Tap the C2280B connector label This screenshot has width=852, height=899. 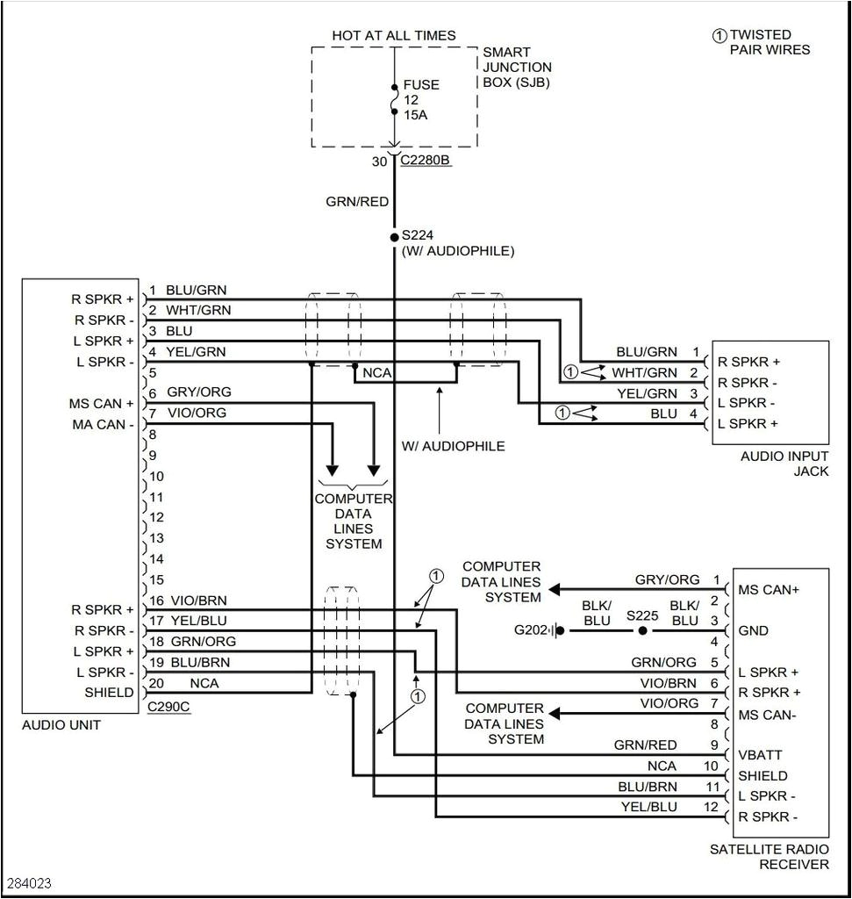coord(426,161)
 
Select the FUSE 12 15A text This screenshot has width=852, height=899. coord(421,100)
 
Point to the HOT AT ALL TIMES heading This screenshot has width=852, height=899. coord(394,35)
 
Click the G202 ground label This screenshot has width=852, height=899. coord(530,630)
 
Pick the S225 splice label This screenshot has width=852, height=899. coord(642,615)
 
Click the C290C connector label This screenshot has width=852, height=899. coord(168,706)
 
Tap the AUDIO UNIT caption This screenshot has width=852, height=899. coord(61,725)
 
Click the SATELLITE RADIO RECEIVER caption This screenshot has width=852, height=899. coord(770,857)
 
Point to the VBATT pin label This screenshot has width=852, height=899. coord(760,755)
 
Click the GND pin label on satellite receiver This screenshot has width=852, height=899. coord(754,630)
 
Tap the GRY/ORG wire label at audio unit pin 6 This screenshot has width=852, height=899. coord(199,392)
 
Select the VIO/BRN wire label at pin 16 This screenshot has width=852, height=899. coord(198,601)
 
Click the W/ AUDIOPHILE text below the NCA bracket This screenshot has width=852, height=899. coord(453,446)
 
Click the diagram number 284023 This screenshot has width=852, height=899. coord(29,881)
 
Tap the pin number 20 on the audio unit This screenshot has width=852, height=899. coord(155,683)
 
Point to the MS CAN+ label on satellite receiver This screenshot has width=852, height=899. coord(769,589)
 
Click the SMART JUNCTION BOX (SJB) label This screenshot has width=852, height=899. coord(517,68)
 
